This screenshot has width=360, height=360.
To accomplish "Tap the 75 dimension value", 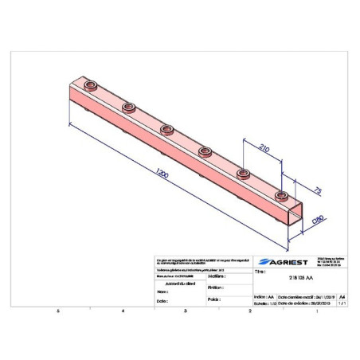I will tap(317, 192).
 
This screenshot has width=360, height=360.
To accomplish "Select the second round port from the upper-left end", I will tap(127, 106).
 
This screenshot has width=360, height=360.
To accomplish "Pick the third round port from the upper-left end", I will tap(166, 127).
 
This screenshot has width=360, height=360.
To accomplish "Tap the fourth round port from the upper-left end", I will tap(205, 149).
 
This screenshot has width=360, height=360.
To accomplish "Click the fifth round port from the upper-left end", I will tap(244, 172).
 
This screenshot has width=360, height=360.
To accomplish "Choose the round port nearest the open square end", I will tap(280, 194).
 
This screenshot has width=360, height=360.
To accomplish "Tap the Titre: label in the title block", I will tap(259, 271).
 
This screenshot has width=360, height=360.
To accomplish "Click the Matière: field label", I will tap(213, 276).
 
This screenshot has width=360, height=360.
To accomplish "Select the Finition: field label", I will tap(213, 288).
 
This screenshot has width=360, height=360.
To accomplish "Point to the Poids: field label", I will tap(212, 300).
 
